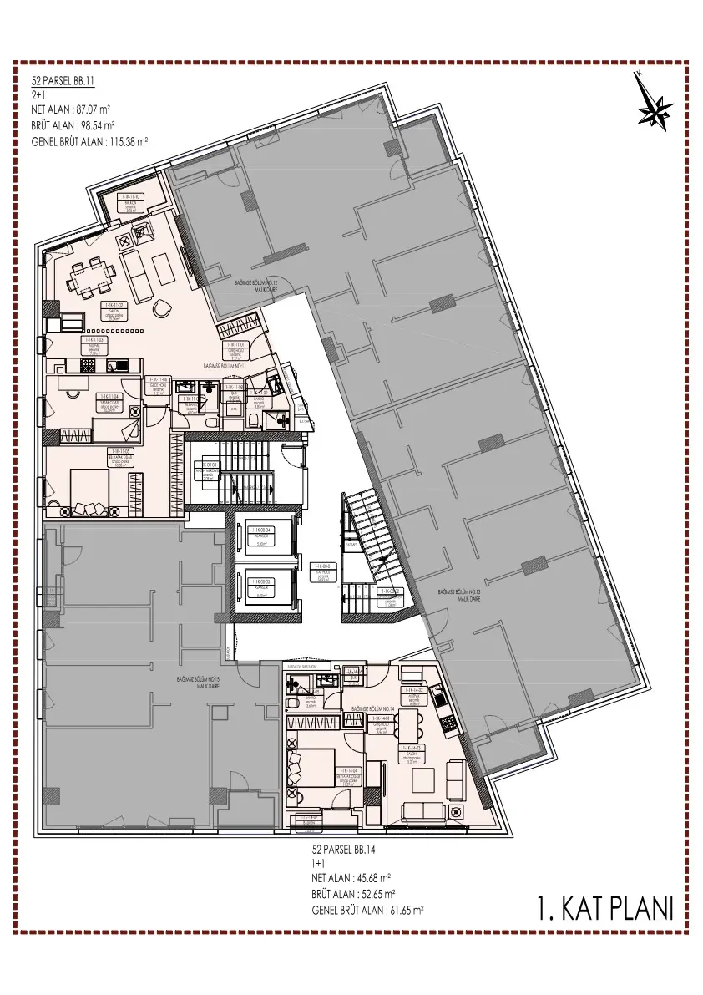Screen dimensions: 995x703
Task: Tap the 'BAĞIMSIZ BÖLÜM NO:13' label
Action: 463,592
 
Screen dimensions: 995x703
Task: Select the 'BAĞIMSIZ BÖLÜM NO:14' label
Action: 372,708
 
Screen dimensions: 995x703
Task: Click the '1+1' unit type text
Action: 318,863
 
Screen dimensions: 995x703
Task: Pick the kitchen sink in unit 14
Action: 445,698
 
